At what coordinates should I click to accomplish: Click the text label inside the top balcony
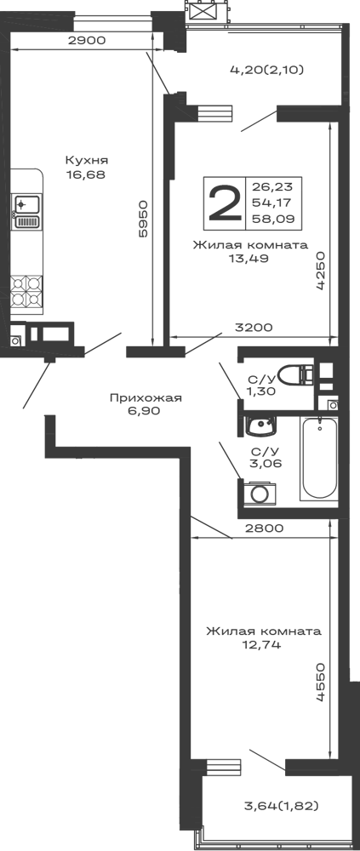(266, 71)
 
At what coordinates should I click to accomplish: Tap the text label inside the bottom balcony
(278, 804)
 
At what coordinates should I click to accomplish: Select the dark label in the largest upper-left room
(86, 165)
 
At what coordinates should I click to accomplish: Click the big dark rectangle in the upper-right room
(252, 201)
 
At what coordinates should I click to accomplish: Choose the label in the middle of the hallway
(146, 401)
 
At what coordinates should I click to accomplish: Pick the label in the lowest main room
(264, 638)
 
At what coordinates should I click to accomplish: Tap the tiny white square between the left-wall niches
(31, 207)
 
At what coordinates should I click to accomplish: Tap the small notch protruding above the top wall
(223, 11)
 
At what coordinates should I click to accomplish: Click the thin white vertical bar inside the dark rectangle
(296, 198)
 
